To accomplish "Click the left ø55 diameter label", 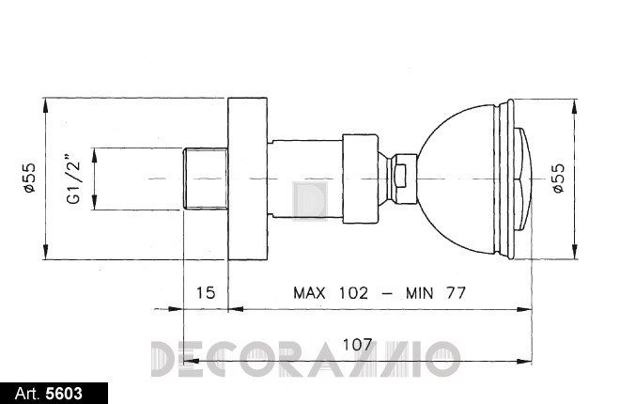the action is tap(30, 178).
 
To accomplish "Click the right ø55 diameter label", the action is tap(559, 178).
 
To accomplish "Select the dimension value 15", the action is tap(206, 293).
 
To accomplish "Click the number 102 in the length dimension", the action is tap(353, 293).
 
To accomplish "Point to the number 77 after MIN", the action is tap(456, 293).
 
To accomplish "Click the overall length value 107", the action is tap(358, 344).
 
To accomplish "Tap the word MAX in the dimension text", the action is tap(309, 293).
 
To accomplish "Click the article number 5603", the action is tap(64, 394).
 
